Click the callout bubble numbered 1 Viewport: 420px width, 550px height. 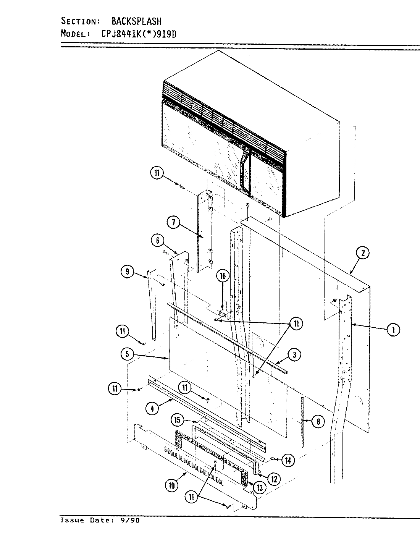click(393, 329)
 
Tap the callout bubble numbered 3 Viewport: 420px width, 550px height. click(294, 355)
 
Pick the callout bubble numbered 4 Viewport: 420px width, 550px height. click(152, 408)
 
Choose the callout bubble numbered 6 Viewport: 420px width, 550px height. click(157, 241)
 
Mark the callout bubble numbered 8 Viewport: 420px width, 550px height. click(318, 422)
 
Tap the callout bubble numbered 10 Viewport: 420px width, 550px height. click(172, 485)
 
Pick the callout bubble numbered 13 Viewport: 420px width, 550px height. click(260, 487)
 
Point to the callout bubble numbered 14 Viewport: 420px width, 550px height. click(288, 461)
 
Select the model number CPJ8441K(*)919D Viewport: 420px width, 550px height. click(139, 34)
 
